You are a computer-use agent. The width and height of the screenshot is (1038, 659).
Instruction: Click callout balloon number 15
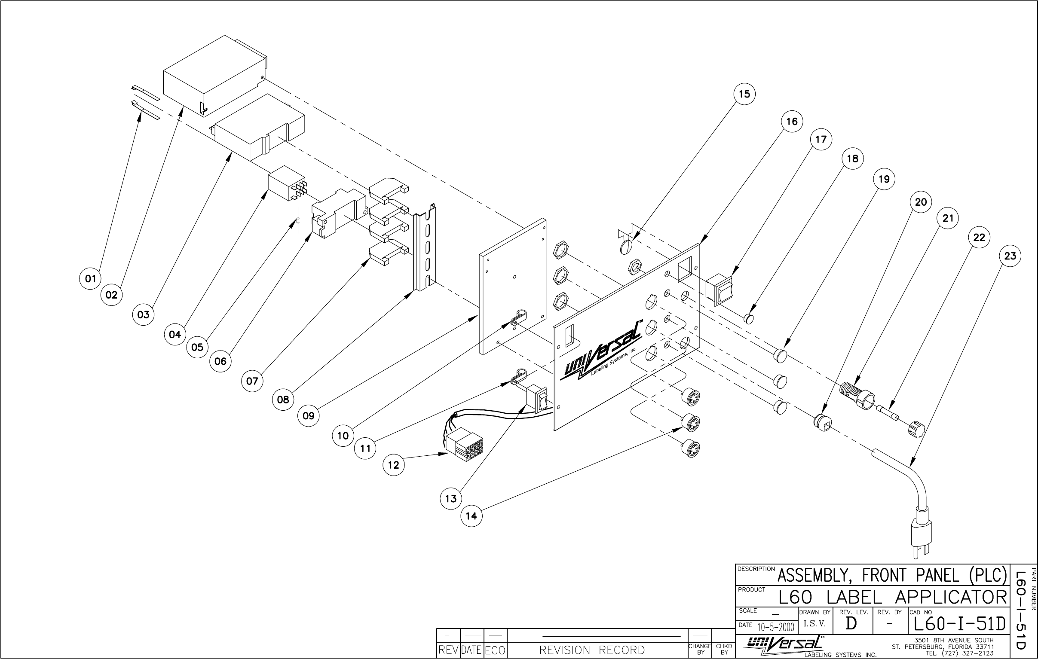point(744,95)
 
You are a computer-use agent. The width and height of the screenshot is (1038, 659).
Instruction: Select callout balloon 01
point(91,279)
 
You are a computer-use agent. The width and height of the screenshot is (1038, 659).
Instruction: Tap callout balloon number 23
point(1010,256)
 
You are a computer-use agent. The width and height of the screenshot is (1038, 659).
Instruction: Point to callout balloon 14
point(472,516)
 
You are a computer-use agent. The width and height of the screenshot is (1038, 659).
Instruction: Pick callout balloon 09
point(309,416)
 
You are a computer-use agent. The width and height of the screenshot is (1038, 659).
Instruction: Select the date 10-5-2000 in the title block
point(775,627)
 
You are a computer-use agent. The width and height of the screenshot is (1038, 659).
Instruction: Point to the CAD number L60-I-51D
point(959,624)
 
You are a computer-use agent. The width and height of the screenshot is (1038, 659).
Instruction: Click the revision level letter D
point(851,624)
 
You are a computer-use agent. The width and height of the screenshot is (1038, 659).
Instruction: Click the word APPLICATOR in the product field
point(950,598)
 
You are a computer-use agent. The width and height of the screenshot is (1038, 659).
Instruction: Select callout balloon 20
point(921,202)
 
